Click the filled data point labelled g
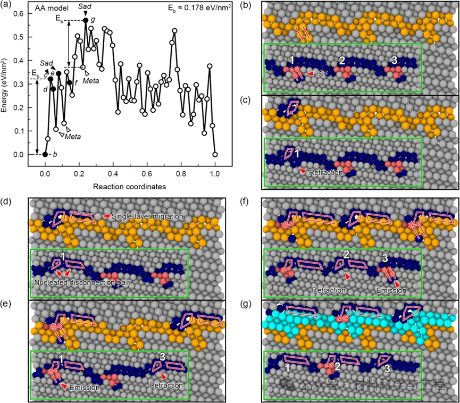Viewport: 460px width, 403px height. (x=86, y=20)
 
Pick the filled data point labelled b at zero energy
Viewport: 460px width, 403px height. (x=45, y=155)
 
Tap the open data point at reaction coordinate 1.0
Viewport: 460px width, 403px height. (x=215, y=155)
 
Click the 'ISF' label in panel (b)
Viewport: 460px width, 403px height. (x=320, y=74)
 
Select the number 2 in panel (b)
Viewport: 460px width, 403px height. (x=342, y=60)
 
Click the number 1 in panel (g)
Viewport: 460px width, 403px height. (x=287, y=367)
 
